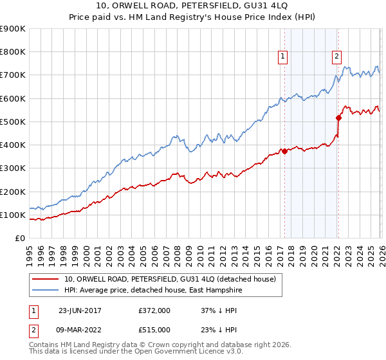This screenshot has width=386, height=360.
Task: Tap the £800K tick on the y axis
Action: pos(13,52)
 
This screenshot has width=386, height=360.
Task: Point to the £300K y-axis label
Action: pos(13,168)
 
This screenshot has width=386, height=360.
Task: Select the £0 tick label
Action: pos(19,239)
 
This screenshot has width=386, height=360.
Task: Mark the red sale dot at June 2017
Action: pos(284,152)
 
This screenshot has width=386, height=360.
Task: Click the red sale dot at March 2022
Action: pos(338,118)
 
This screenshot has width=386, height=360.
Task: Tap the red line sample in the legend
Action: pos(46,279)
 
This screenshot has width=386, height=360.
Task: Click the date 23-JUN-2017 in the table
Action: pos(79,309)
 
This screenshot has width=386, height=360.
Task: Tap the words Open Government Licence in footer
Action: pos(183,353)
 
